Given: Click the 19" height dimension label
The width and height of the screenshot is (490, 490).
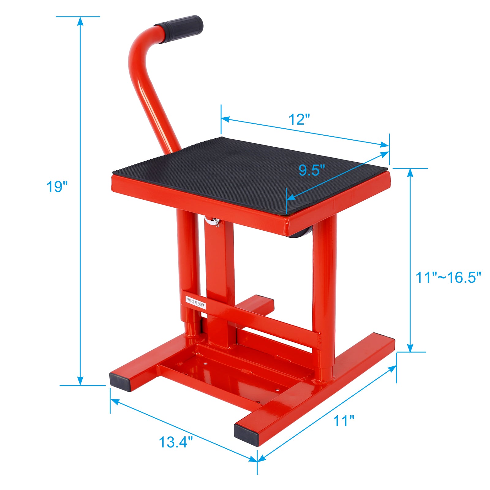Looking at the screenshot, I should (57, 187).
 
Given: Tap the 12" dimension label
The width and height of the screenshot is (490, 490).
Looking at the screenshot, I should (299, 119).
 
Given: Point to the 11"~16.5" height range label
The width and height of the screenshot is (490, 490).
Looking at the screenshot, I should (448, 277).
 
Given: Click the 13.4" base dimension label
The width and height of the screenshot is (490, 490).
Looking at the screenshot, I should (176, 442).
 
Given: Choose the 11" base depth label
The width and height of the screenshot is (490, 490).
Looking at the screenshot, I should (344, 421).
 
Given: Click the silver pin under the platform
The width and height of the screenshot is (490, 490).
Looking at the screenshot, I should (212, 221).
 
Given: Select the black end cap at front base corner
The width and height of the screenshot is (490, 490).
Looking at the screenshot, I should (247, 435).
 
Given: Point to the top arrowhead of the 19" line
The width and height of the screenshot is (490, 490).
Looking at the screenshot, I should (80, 21).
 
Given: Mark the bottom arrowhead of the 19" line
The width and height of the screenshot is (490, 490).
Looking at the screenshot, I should (80, 381).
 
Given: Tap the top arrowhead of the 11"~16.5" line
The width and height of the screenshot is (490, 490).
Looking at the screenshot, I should (410, 172).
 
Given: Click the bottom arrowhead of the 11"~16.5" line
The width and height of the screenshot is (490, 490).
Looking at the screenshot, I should (410, 348).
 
